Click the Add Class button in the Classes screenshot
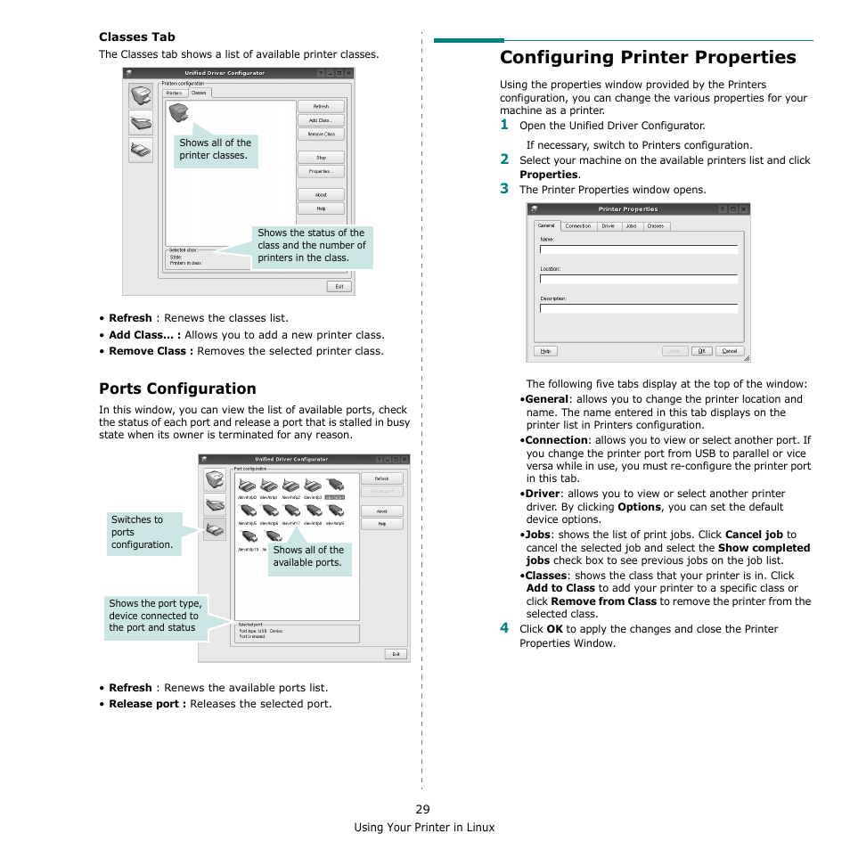320,120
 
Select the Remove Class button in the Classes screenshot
320,135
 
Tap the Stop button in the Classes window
320,158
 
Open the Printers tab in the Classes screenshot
175,93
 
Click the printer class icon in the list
178,112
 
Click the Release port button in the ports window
381,491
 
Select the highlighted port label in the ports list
334,497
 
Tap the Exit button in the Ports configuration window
396,653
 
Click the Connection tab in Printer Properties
578,226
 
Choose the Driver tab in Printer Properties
608,226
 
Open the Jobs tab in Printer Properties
631,226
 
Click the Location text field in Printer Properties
639,279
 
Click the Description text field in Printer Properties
639,308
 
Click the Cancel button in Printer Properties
729,351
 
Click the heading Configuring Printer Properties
648,57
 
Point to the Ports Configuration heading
177,388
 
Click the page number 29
422,809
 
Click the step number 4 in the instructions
503,627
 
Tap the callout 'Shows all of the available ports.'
307,556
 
